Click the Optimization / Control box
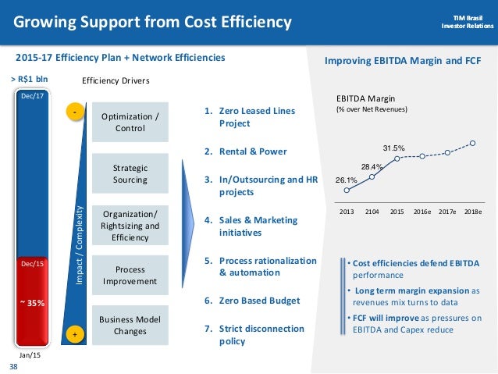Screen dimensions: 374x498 [x=130, y=122]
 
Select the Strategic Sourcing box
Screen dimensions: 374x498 [x=130, y=173]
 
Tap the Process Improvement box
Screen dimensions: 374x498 [x=130, y=275]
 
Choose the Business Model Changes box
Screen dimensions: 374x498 [x=130, y=324]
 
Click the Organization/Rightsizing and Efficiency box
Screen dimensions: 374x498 [x=130, y=226]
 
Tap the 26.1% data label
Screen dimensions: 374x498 [x=347, y=181]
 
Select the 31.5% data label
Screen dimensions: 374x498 [x=393, y=148]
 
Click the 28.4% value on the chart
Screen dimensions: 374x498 [x=372, y=166]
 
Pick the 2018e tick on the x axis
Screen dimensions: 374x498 [x=472, y=212]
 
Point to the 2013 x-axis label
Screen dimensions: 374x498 [x=346, y=212]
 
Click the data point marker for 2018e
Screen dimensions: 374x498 [x=473, y=143]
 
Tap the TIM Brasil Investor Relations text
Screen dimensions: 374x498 [x=464, y=20]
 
